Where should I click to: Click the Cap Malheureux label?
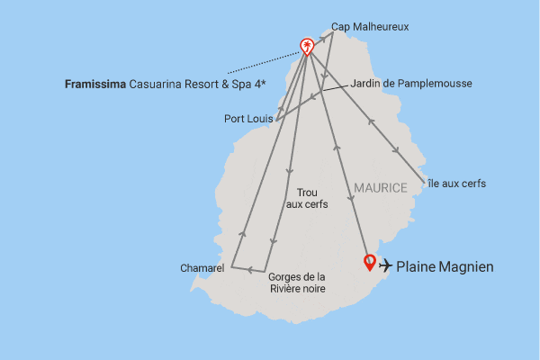click(x=370, y=27)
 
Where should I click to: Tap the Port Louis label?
click(x=248, y=118)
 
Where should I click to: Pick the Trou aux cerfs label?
click(x=306, y=199)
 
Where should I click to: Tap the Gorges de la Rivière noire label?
click(x=297, y=283)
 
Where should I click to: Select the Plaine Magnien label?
click(x=445, y=266)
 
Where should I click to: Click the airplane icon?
click(x=386, y=265)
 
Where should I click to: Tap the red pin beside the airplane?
click(x=368, y=263)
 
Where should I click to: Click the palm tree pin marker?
click(x=307, y=47)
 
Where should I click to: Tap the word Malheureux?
click(x=382, y=27)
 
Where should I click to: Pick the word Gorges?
click(x=286, y=276)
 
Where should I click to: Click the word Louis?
click(x=261, y=118)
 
